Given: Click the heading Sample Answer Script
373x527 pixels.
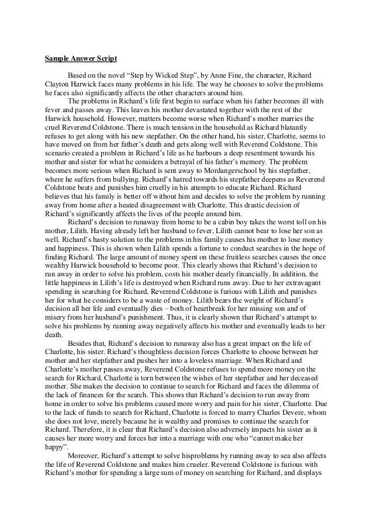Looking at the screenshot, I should pos(81,59).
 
